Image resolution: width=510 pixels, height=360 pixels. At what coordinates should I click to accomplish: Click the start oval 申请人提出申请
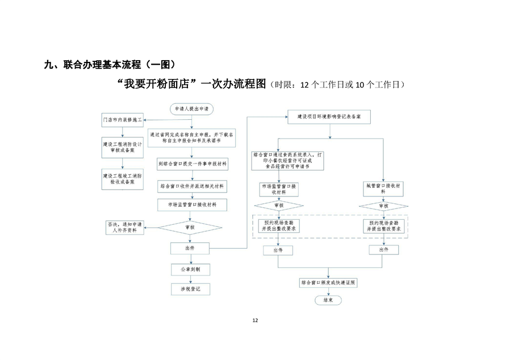(191, 108)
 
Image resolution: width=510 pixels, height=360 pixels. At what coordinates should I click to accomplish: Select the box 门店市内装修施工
(122, 120)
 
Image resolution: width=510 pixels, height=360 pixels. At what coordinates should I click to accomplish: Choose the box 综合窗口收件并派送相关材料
(192, 186)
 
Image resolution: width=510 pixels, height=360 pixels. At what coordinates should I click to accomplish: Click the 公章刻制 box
(190, 269)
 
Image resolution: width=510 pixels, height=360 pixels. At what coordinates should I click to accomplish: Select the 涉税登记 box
(190, 289)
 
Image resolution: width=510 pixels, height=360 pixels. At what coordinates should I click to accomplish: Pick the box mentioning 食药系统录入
(289, 161)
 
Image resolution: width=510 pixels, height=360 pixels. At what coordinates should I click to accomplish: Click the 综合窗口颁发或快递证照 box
(329, 282)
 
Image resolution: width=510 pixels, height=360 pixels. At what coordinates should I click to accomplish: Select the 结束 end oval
(328, 299)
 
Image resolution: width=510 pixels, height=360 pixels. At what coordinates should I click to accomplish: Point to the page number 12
(255, 321)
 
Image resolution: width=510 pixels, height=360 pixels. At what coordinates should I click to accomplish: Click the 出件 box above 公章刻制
(190, 248)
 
